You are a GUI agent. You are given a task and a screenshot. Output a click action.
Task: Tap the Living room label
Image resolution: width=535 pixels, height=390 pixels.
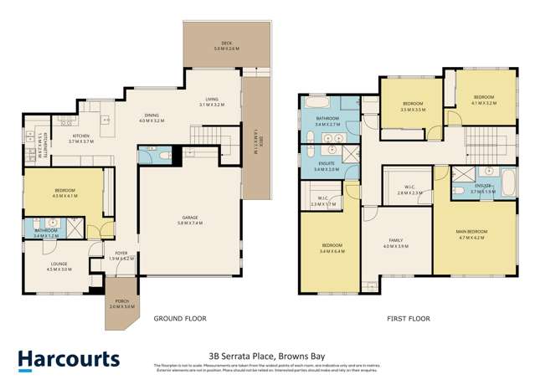pyautogui.click(x=212, y=102)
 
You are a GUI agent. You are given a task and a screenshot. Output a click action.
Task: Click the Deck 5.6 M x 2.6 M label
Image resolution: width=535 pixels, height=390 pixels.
pyautogui.click(x=226, y=48)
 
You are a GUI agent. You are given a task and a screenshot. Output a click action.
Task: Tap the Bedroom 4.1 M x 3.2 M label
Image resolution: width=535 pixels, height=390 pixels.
pyautogui.click(x=483, y=100)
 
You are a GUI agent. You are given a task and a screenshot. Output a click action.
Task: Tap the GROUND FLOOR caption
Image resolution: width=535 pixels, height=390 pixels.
pyautogui.click(x=179, y=319)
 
